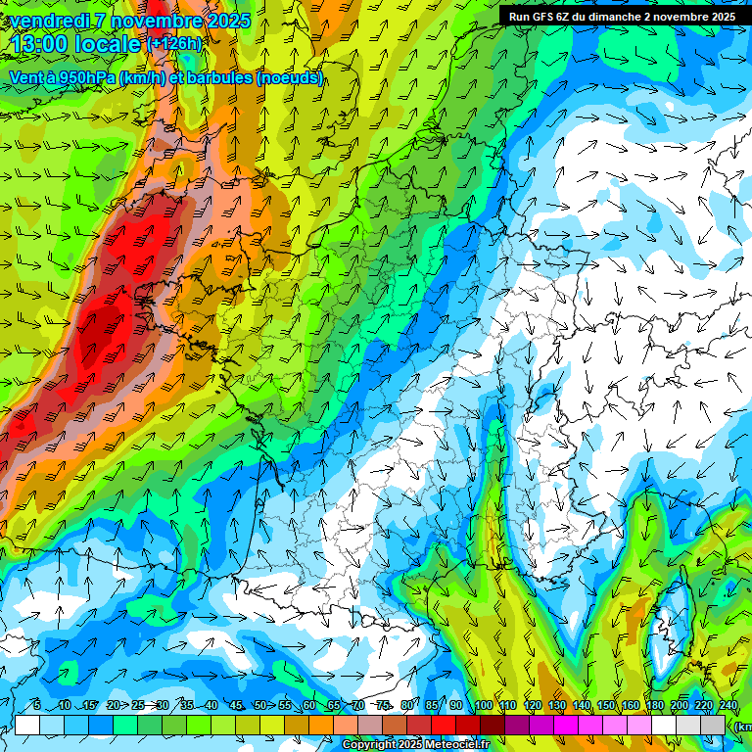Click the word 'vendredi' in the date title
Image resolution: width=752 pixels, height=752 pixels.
tap(50, 21)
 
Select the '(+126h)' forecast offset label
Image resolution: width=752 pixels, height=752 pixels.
tap(173, 44)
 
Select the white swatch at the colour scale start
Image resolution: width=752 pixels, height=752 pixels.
tap(27, 725)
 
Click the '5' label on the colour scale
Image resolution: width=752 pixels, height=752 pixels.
tap(36, 706)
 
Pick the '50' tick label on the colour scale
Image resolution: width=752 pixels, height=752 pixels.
tap(259, 706)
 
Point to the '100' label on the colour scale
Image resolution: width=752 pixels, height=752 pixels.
tap(483, 706)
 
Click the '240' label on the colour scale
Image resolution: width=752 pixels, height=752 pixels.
tap(728, 706)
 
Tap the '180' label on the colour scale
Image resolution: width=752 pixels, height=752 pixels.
tap(654, 706)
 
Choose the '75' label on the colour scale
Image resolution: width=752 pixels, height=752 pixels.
tap(383, 706)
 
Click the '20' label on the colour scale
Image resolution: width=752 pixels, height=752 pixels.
tap(113, 706)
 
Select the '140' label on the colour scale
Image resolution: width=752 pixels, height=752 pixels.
tap(581, 706)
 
